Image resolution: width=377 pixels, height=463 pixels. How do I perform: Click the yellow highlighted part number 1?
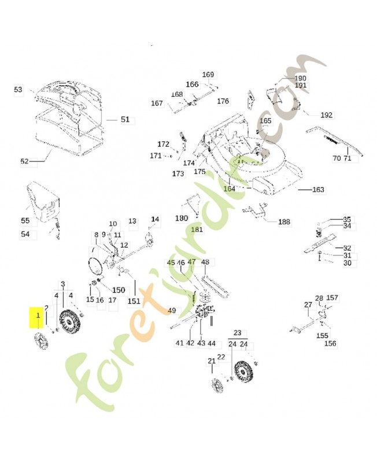38,315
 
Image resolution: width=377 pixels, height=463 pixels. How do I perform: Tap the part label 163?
318,189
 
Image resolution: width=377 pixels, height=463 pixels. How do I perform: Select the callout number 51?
125,119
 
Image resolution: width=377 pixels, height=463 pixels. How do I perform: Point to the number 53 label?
18,89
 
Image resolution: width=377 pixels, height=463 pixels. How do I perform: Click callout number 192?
326,115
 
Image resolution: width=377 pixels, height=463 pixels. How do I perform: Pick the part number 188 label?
284,222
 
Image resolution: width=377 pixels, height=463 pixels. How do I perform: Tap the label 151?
134,301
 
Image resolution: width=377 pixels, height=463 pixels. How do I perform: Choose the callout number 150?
119,290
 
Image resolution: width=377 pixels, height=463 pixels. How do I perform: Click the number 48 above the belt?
205,262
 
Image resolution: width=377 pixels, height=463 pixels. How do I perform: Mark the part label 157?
332,297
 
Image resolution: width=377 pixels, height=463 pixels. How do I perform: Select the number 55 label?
25,221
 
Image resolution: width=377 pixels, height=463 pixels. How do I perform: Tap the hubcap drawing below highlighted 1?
42,341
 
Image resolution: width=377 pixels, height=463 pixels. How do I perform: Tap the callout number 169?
208,75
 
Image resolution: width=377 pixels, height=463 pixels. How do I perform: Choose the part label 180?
182,218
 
